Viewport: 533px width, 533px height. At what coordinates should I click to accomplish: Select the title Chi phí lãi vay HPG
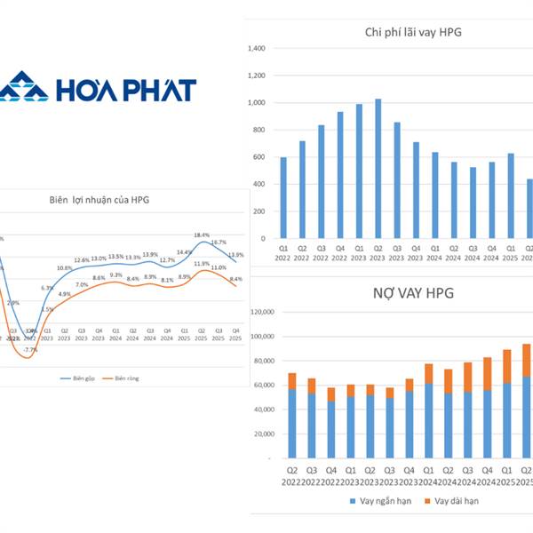tap(413, 33)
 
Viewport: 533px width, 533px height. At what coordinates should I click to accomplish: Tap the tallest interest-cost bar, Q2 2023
tap(379, 169)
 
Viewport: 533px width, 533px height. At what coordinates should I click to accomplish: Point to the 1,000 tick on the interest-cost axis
tap(255, 103)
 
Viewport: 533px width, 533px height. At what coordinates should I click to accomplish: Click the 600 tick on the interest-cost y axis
tap(258, 157)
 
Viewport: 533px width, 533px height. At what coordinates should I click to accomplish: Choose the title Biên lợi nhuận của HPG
tap(99, 201)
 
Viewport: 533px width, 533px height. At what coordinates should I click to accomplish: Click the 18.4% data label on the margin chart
tap(203, 235)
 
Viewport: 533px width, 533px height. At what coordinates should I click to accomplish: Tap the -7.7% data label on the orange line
tap(30, 350)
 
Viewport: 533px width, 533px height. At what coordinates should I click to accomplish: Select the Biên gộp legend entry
tap(81, 378)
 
